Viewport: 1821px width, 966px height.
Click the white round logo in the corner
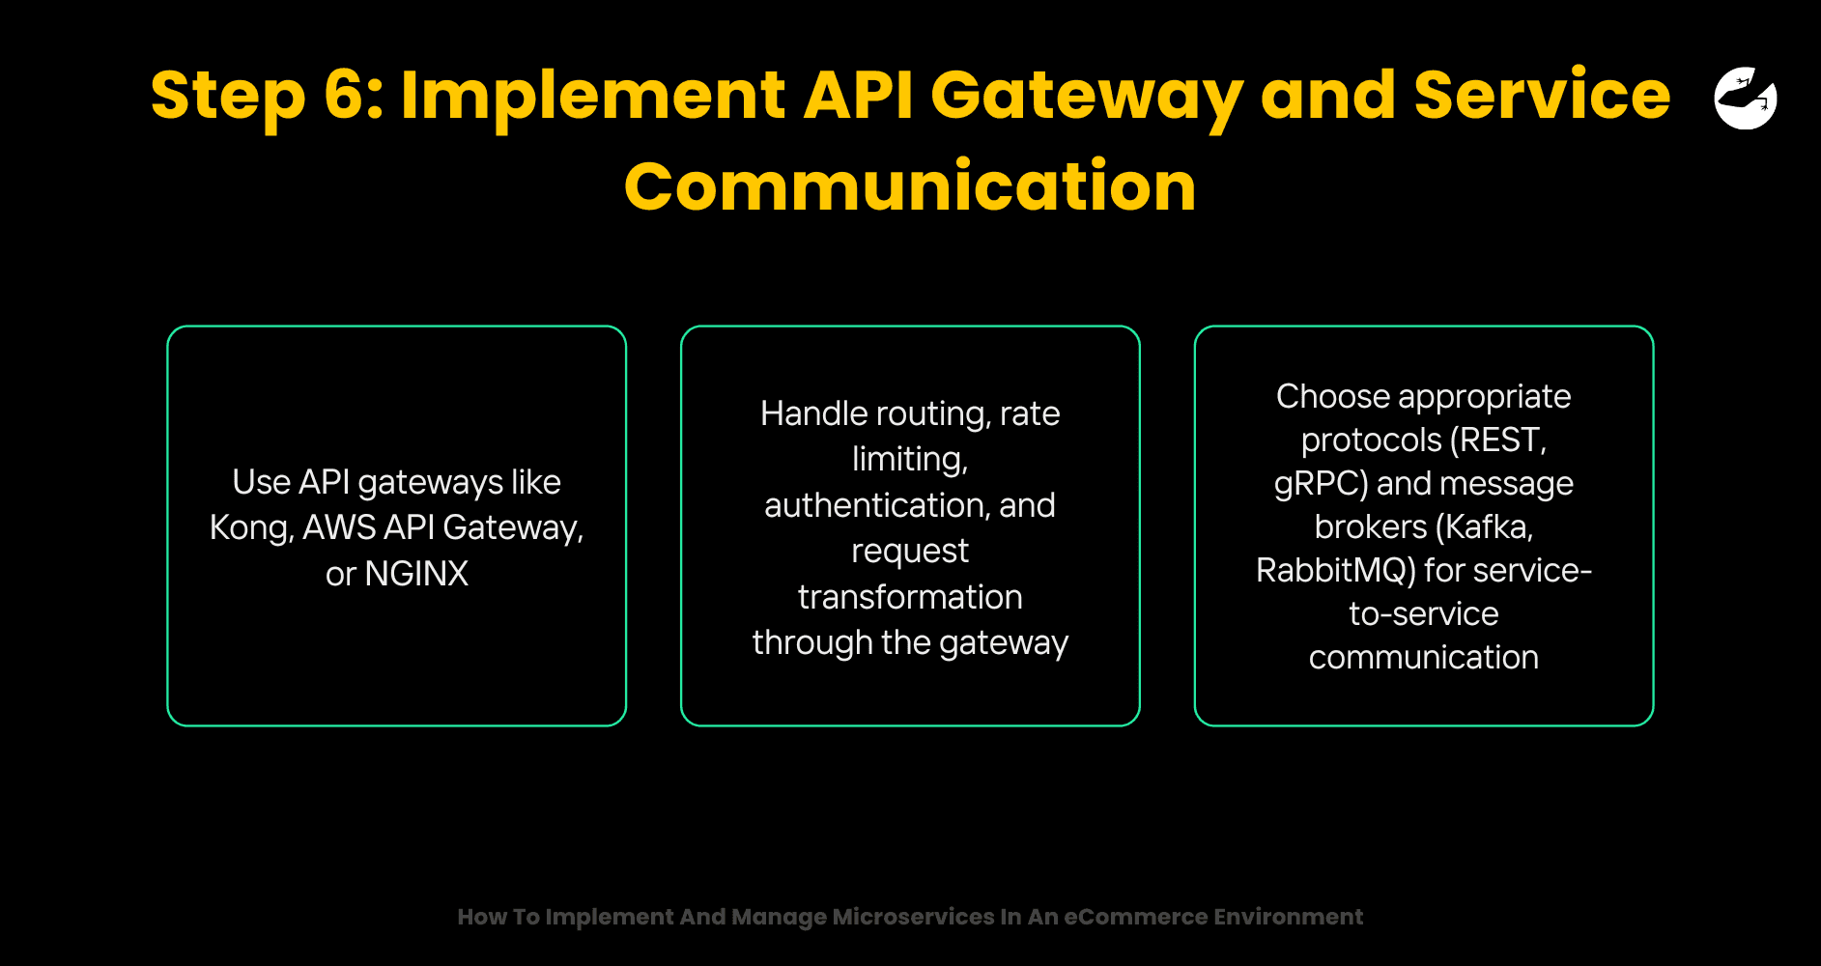pyautogui.click(x=1745, y=98)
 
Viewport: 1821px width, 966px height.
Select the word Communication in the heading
pyautogui.click(x=910, y=186)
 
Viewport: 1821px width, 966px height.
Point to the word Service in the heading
pyautogui.click(x=1542, y=96)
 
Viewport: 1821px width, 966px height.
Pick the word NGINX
pyautogui.click(x=416, y=574)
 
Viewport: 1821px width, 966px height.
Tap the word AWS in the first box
pyautogui.click(x=339, y=527)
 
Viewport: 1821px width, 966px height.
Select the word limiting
pyautogui.click(x=908, y=459)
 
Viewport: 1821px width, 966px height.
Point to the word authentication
pyautogui.click(x=876, y=505)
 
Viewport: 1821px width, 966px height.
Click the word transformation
pyautogui.click(x=910, y=597)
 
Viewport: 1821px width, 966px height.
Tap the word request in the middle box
pyautogui.click(x=910, y=552)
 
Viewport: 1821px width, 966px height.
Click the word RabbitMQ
pyautogui.click(x=1335, y=571)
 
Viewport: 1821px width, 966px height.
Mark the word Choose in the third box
pyautogui.click(x=1333, y=397)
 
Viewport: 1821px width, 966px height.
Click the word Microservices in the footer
pyautogui.click(x=913, y=917)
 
